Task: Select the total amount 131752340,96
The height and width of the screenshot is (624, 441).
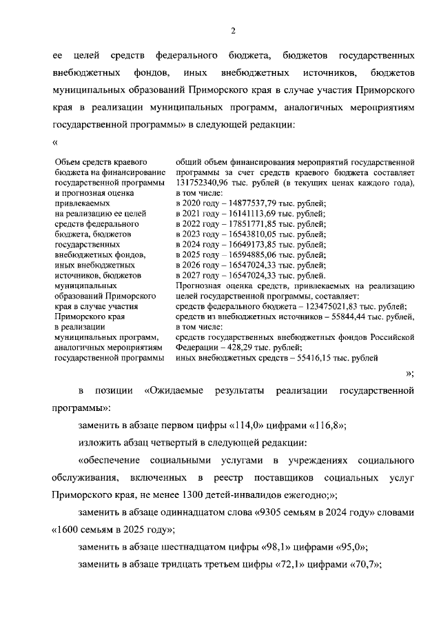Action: pyautogui.click(x=203, y=183)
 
